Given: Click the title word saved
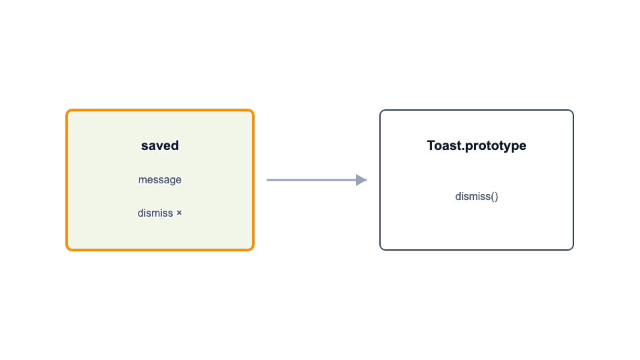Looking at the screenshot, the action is (x=160, y=146).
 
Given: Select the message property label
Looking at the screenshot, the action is (x=160, y=179).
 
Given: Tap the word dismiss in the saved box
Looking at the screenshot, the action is (x=155, y=213).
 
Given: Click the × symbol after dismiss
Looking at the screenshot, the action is (x=179, y=213).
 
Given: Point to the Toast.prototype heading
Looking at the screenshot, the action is (x=476, y=146).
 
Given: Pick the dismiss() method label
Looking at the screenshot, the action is (x=477, y=196).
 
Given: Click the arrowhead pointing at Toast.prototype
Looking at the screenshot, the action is (x=361, y=180).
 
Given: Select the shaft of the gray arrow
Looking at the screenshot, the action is (x=311, y=180).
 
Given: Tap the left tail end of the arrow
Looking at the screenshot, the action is (x=267, y=180).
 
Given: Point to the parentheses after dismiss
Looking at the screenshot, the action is (x=494, y=197).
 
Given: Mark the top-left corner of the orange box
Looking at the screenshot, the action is (x=67, y=110).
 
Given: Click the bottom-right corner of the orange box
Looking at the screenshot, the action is (x=253, y=250).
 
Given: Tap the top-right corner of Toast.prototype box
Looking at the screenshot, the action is (x=573, y=110).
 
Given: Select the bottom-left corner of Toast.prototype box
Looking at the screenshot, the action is (x=381, y=249).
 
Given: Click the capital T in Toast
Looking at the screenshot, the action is (x=431, y=146).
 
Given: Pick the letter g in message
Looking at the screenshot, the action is (x=167, y=181).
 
